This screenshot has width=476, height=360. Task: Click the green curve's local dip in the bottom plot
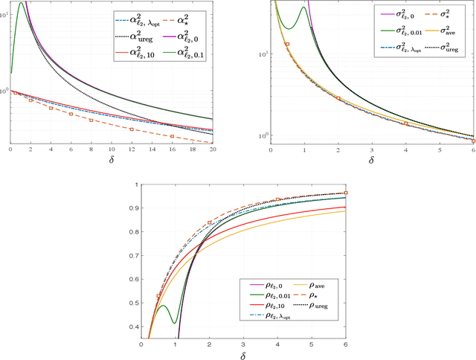tap(174, 323)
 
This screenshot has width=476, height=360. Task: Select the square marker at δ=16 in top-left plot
tap(172, 136)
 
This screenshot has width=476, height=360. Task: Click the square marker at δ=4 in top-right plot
tap(405, 123)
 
